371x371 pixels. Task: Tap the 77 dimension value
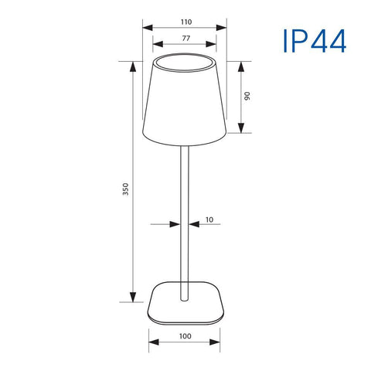[x=185, y=37]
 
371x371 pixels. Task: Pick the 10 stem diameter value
[x=209, y=220]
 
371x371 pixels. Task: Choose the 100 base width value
[x=185, y=336]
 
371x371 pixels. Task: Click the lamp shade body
[x=185, y=104]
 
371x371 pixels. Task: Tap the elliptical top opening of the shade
[x=185, y=61]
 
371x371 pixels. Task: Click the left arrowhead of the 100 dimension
[x=151, y=345]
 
